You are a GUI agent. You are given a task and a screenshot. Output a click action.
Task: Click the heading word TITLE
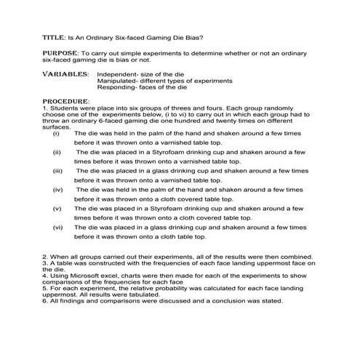tap(54, 36)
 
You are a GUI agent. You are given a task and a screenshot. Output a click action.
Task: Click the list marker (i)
tap(57, 135)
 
